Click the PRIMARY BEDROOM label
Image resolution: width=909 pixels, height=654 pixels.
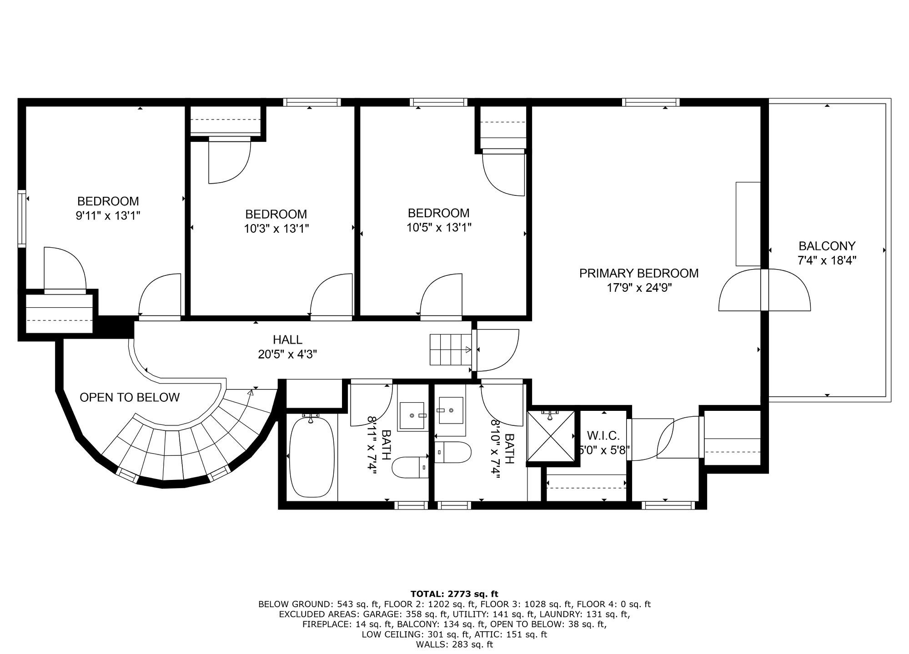coord(638,273)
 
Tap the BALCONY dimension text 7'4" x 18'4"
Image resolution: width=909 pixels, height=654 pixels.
coord(827,260)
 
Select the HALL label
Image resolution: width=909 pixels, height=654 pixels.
coord(287,339)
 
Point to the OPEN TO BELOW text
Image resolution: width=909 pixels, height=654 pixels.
coord(130,397)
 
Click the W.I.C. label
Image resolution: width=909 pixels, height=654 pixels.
coord(603,436)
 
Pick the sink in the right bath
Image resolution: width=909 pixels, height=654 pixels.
coord(450,410)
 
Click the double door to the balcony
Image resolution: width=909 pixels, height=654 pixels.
coord(764,290)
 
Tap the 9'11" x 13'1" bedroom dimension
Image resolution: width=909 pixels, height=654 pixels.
coord(108,215)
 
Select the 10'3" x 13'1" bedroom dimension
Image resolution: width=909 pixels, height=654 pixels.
coord(276,228)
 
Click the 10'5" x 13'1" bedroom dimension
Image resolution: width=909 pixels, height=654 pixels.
coord(439,227)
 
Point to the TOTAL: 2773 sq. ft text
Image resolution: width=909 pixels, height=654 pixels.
coord(454,594)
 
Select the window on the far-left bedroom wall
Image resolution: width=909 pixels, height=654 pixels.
coord(22,219)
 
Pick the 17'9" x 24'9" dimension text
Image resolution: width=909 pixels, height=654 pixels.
coord(639,288)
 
